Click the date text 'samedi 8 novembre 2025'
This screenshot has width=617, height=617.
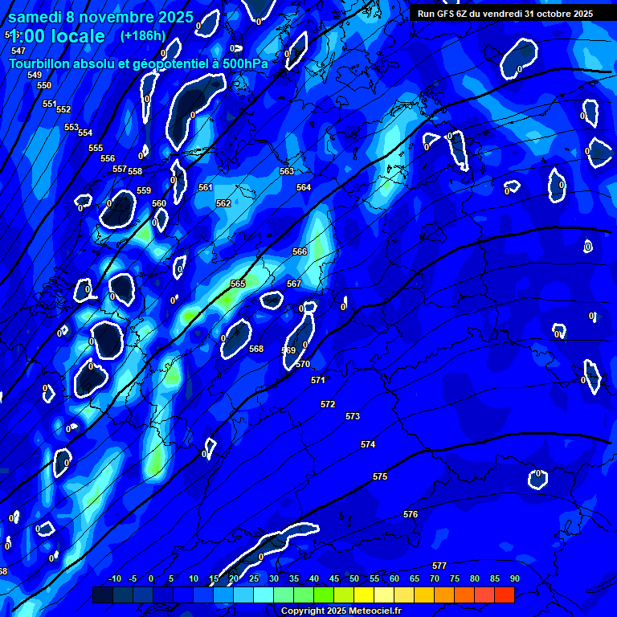point(100,17)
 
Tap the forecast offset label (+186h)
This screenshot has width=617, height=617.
point(142,35)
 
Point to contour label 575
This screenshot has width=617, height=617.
point(380,476)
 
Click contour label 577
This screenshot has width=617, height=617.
point(439,566)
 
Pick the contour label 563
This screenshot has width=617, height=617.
point(287,171)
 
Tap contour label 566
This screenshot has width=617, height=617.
point(300,251)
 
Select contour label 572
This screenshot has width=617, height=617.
point(328,404)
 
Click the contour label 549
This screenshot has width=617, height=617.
point(35,75)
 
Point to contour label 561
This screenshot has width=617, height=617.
point(206,187)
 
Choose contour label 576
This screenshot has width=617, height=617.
point(411,514)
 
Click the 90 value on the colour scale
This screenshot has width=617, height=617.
point(514,579)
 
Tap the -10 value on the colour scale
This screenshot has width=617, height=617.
point(114,579)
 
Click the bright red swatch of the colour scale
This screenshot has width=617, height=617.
point(505,595)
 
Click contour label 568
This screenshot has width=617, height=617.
point(256,349)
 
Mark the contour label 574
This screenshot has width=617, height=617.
point(368,444)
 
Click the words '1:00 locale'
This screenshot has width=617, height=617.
point(57,36)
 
